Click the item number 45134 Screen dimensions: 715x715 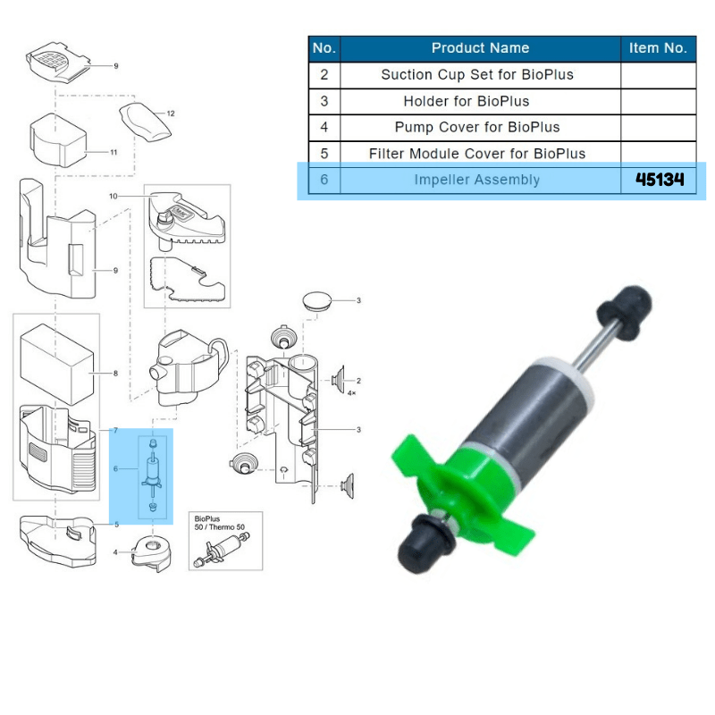660,180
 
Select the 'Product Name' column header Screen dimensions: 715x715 480,48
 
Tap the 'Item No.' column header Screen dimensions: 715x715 658,48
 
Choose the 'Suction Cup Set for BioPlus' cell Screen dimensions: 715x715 476,75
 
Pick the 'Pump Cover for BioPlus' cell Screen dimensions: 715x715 477,128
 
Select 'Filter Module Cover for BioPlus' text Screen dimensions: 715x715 477,154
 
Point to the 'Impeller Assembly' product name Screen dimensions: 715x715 476,180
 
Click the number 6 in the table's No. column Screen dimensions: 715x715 324,180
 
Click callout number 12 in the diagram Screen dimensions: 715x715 170,114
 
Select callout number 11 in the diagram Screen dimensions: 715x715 114,153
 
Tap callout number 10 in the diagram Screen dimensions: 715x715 114,195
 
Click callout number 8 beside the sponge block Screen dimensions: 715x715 114,372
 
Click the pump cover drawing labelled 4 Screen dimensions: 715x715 147,551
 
